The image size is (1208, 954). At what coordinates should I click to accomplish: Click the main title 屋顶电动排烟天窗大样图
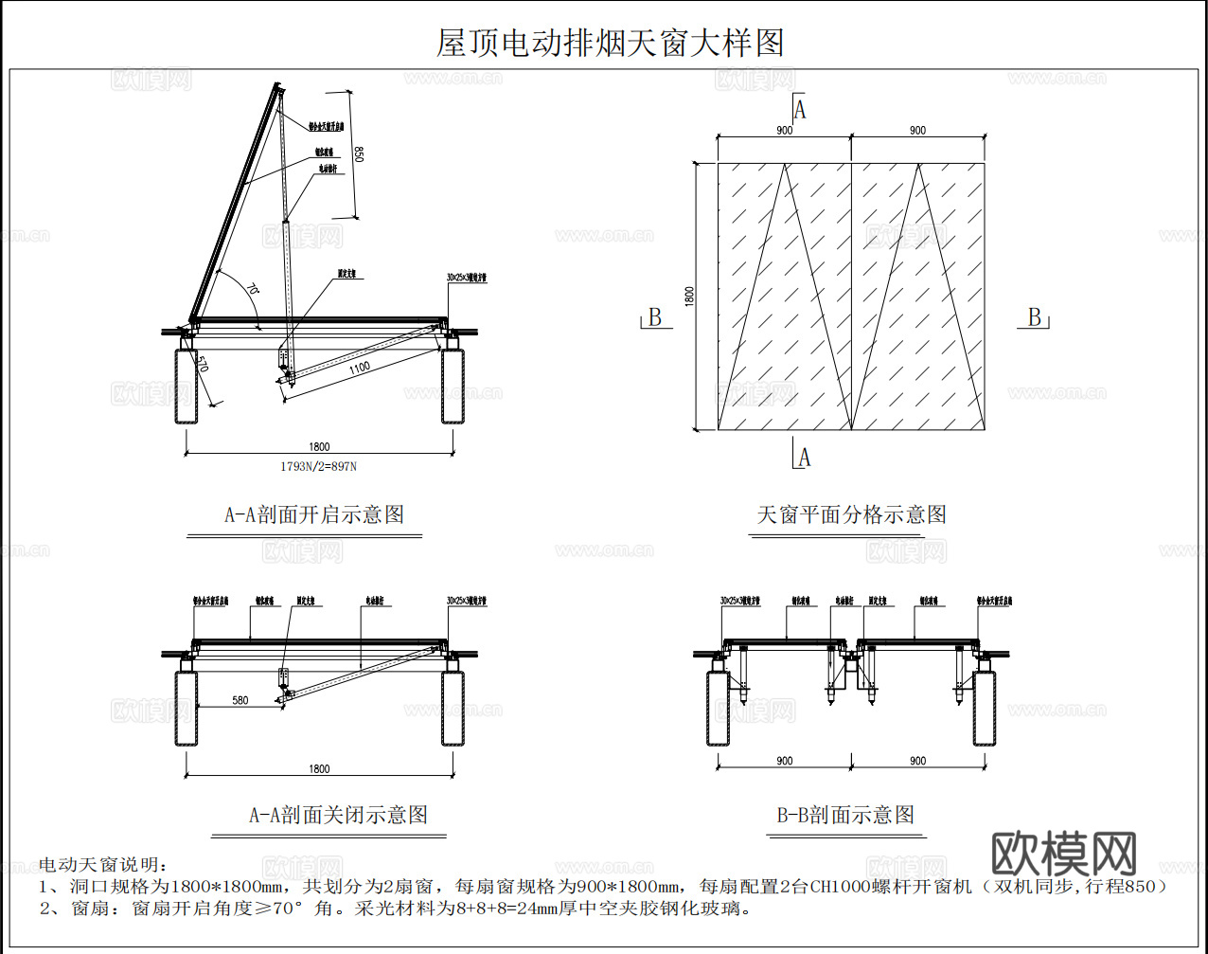tap(610, 43)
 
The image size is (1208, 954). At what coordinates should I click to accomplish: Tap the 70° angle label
tap(253, 289)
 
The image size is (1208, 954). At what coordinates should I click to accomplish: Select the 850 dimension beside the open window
tap(358, 153)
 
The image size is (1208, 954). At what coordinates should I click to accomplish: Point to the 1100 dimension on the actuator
tap(360, 368)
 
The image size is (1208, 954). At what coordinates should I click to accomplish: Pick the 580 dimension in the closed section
tap(240, 700)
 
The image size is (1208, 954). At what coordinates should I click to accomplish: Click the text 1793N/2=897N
tap(318, 466)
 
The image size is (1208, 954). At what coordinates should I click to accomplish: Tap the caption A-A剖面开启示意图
tap(314, 514)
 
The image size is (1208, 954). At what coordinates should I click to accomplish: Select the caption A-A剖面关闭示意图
tap(338, 815)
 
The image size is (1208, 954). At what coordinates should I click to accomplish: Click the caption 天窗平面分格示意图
tap(851, 514)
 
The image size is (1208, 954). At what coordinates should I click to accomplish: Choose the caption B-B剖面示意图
tap(845, 815)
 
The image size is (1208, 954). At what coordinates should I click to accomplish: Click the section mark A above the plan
tap(800, 110)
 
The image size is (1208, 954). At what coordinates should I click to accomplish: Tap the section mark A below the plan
tap(804, 459)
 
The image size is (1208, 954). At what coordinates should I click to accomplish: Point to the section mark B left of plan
tap(654, 318)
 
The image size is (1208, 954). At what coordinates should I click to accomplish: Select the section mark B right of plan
tap(1035, 318)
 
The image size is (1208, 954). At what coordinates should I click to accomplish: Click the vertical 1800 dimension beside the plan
tap(689, 296)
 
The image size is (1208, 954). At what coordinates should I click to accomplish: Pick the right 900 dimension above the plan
tap(917, 131)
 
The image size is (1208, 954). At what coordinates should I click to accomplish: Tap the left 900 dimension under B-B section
tap(784, 761)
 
